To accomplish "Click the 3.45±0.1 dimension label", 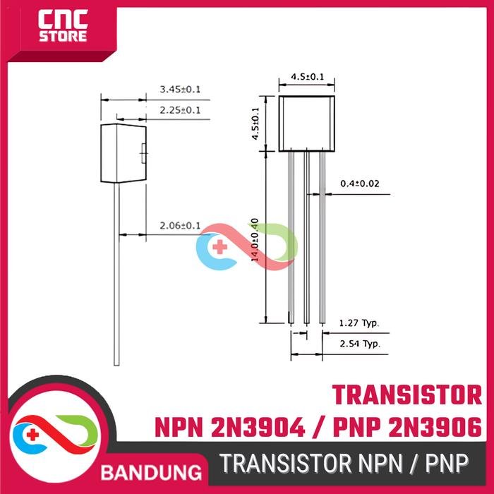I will point(180,90).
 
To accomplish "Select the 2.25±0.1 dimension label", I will point(180,111).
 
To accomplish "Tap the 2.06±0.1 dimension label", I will point(180,226).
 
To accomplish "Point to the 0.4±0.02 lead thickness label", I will point(360,183).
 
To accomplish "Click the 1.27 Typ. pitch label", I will point(359,323).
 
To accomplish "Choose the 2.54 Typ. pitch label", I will point(359,344).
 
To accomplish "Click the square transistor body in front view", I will point(307,123).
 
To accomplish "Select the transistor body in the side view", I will point(123,152).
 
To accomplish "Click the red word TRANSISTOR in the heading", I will point(406,393).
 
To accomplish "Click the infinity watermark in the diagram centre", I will point(246,245).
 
